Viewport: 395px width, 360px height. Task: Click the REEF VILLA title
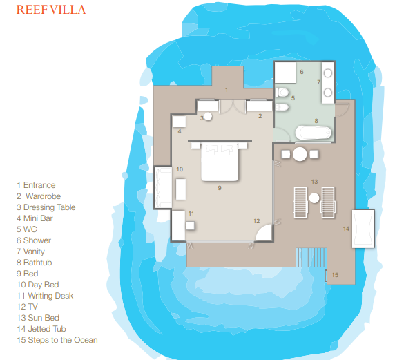pos(51,10)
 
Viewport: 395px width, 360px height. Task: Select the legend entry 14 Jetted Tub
pos(41,329)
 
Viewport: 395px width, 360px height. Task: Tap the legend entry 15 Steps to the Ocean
pos(57,340)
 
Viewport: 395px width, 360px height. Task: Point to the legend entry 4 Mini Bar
pos(35,218)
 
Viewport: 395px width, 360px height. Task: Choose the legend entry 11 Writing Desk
pos(45,296)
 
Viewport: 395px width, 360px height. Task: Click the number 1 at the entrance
pos(227,90)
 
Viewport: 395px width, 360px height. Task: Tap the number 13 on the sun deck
pos(314,182)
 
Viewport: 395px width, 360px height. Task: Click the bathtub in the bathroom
pos(314,133)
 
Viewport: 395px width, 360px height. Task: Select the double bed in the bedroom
pos(220,162)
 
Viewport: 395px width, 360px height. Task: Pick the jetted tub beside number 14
pos(363,229)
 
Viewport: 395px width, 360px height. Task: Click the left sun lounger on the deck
pos(300,202)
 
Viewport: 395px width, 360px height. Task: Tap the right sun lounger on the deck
pos(328,202)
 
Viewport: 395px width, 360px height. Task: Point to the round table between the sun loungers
pos(314,198)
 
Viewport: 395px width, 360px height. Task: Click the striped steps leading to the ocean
pos(311,258)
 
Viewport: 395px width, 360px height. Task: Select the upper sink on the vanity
pos(328,73)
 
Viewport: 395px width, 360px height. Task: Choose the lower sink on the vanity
pos(328,93)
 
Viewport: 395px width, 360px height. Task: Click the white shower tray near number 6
pos(285,73)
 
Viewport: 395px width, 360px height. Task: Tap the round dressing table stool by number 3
pos(208,117)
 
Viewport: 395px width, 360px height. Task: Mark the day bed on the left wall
pos(163,187)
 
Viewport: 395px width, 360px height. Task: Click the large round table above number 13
pos(300,154)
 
